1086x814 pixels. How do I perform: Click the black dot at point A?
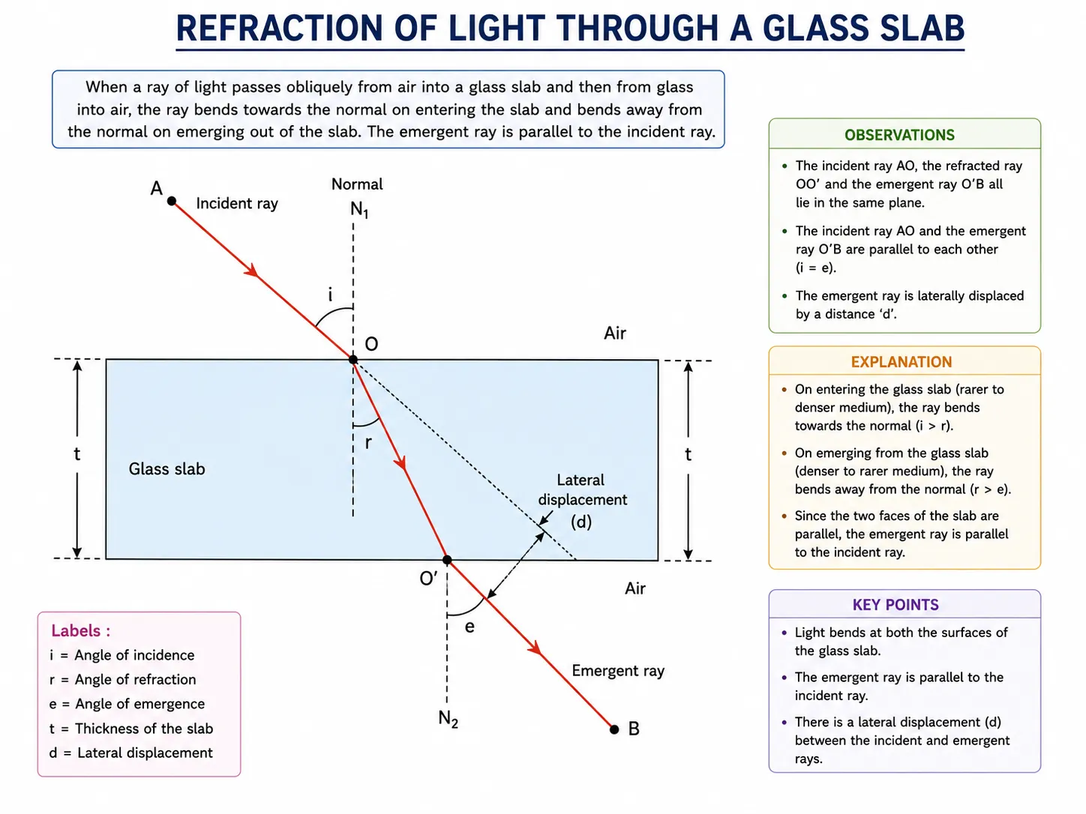(x=172, y=201)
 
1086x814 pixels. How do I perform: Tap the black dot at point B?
(x=614, y=729)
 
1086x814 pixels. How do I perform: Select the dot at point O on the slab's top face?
(x=353, y=359)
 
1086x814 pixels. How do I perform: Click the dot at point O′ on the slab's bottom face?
(x=447, y=560)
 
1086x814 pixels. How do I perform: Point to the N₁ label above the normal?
(x=359, y=209)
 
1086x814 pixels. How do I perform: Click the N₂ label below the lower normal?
(x=448, y=719)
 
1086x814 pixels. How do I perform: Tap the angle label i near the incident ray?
(x=330, y=295)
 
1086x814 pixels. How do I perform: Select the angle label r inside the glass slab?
(x=368, y=443)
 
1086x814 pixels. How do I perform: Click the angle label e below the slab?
(x=469, y=627)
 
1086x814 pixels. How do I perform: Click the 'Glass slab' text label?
(x=166, y=468)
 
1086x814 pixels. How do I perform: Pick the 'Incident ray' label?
(x=237, y=203)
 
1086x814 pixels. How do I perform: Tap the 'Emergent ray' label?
(x=618, y=671)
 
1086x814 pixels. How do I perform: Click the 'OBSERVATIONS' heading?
(x=899, y=135)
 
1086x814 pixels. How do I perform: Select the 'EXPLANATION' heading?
(x=901, y=362)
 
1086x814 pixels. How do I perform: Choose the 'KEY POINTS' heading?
(x=895, y=604)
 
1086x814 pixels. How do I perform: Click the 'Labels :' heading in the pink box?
(x=81, y=630)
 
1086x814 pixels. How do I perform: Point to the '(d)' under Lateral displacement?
(x=581, y=522)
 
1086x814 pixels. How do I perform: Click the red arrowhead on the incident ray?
(x=252, y=271)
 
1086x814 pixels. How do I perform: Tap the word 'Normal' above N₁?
(x=357, y=184)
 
